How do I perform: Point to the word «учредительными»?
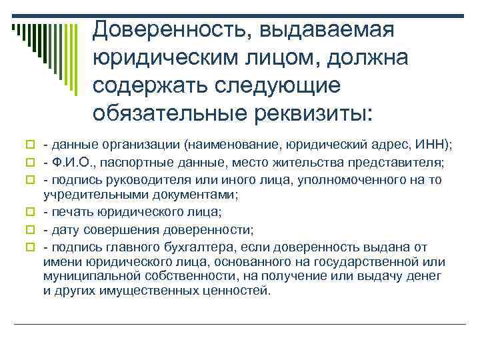point(87,195)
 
